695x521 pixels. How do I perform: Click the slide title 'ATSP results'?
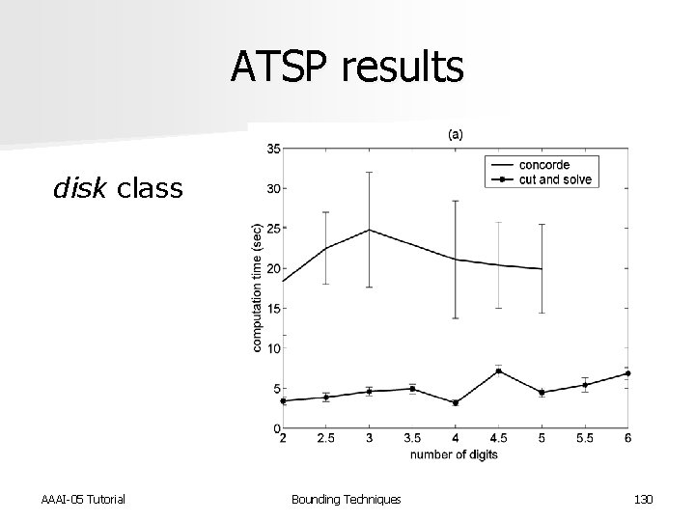point(347,68)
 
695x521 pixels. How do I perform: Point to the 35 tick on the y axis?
point(274,149)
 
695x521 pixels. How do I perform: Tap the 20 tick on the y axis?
point(274,268)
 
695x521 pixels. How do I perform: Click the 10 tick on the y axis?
point(274,348)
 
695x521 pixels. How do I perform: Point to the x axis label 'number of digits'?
point(455,454)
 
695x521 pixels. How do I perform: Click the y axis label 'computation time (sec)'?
point(258,288)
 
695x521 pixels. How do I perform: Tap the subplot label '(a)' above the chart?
point(455,135)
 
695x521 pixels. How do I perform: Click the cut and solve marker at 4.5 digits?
point(498,370)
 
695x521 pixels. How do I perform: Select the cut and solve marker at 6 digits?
point(628,373)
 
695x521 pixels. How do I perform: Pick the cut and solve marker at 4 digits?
point(456,402)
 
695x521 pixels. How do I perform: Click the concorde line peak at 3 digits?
point(370,230)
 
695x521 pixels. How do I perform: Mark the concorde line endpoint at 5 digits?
point(542,269)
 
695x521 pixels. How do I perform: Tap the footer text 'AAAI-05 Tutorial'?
point(83,499)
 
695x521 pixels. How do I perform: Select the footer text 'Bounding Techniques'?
point(347,499)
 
